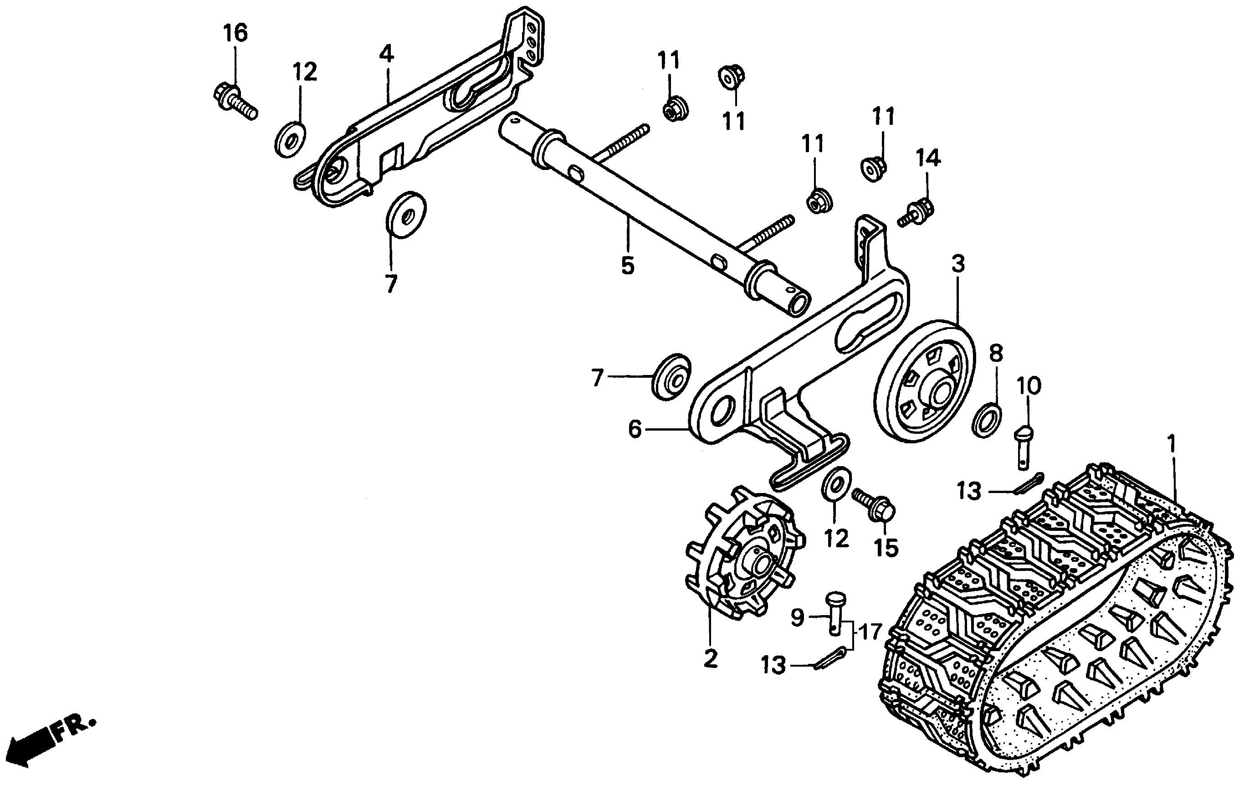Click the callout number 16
(x=235, y=33)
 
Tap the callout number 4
(x=386, y=54)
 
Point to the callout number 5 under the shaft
(x=627, y=266)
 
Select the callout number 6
(x=635, y=429)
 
